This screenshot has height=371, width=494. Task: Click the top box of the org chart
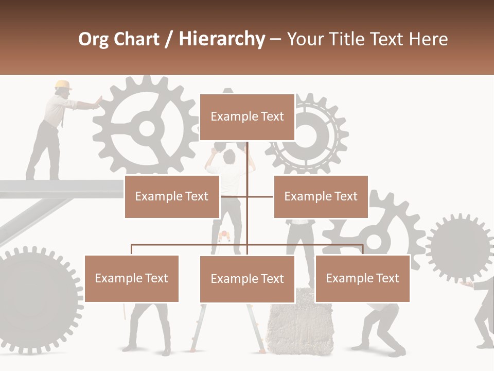[247, 117]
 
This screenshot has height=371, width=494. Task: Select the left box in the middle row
[172, 196]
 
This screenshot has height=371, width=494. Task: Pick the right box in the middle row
[321, 196]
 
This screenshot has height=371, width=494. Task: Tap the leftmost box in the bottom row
[132, 278]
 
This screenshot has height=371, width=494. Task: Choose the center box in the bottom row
[247, 279]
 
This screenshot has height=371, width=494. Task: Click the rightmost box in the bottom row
[362, 278]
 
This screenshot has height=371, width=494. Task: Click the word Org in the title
[93, 39]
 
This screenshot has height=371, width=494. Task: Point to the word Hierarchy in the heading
[222, 39]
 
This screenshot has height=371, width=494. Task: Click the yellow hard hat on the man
[63, 85]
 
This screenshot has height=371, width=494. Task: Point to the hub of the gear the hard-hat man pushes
[147, 128]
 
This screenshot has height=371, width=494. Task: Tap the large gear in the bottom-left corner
[36, 299]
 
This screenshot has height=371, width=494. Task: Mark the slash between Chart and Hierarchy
[169, 40]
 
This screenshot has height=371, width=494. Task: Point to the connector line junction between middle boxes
[247, 196]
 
